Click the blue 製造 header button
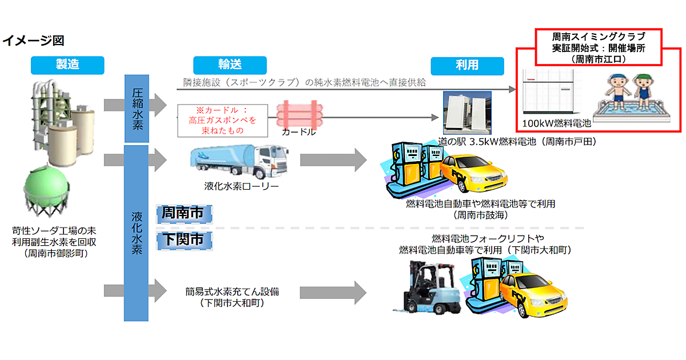coord(67,65)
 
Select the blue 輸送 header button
coord(230,65)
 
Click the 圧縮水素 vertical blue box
coord(137,109)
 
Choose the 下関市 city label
coord(183,239)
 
